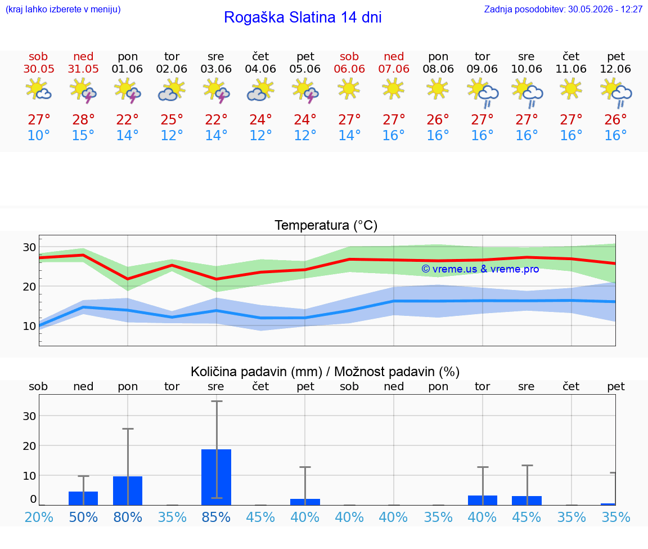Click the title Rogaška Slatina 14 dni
click(303, 17)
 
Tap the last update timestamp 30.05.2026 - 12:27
click(605, 9)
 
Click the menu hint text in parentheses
click(63, 9)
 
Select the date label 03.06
click(216, 69)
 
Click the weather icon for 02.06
click(172, 90)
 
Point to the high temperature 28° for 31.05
click(83, 119)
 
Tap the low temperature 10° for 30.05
click(39, 135)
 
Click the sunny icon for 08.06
click(437, 88)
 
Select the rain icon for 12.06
click(616, 93)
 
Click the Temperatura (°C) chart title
click(326, 225)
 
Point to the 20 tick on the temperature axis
click(29, 286)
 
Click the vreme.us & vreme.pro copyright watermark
click(480, 269)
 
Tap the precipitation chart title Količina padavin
click(256, 372)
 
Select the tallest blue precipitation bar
click(216, 477)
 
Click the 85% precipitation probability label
click(216, 517)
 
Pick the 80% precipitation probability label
click(128, 517)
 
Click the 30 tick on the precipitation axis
click(29, 416)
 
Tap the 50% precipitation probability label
click(83, 517)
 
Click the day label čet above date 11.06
click(571, 56)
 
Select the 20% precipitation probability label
click(39, 517)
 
